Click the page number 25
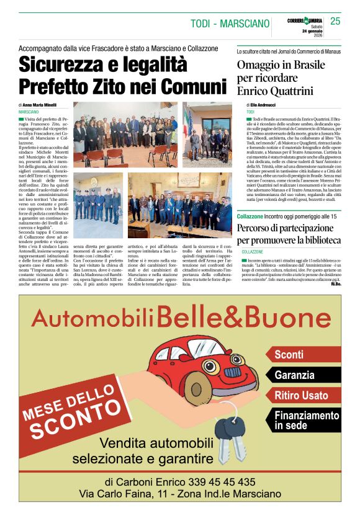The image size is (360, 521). (335, 22)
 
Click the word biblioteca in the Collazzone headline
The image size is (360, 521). (320, 239)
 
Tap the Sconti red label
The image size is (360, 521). (289, 355)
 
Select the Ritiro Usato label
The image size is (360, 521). (302, 395)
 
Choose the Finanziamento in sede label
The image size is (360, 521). (307, 420)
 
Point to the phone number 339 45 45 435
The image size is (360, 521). (217, 482)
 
